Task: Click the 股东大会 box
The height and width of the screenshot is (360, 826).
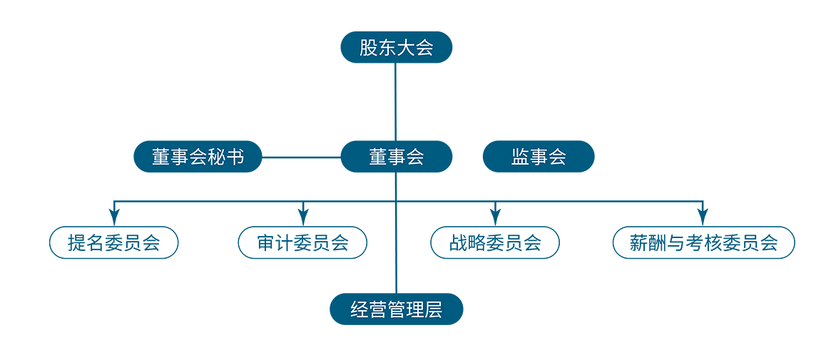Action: pyautogui.click(x=396, y=47)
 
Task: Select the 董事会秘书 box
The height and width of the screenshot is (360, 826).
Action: pyautogui.click(x=198, y=156)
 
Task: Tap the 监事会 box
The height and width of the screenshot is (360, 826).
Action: pyautogui.click(x=539, y=156)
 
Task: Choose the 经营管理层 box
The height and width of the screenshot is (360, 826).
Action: pyautogui.click(x=396, y=309)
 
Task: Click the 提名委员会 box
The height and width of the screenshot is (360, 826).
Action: pyautogui.click(x=114, y=242)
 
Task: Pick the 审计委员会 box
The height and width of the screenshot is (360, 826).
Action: pyautogui.click(x=302, y=242)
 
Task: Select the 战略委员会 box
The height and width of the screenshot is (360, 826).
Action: pyautogui.click(x=494, y=242)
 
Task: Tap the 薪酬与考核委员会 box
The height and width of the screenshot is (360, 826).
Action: pyautogui.click(x=704, y=242)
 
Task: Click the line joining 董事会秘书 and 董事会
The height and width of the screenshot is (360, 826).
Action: pyautogui.click(x=301, y=157)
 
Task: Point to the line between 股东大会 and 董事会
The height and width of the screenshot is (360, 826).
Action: pyautogui.click(x=396, y=101)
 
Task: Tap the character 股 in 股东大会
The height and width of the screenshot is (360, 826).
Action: pyautogui.click(x=367, y=48)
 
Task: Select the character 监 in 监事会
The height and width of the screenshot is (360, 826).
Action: pyautogui.click(x=520, y=157)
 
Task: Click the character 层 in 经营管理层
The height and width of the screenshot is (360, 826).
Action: pyautogui.click(x=434, y=309)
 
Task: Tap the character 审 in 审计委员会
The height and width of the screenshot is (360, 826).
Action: pyautogui.click(x=265, y=243)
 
